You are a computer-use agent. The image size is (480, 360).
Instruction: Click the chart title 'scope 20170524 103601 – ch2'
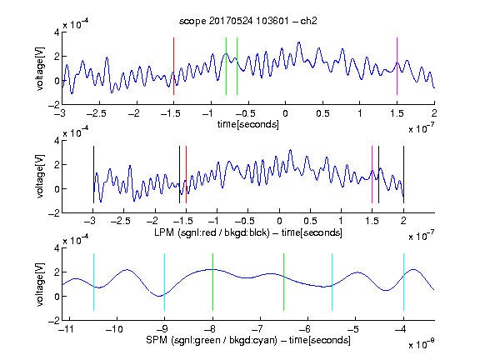(248, 21)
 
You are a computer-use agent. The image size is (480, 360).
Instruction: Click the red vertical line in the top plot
(173, 66)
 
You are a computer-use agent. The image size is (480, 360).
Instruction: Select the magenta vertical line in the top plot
(397, 66)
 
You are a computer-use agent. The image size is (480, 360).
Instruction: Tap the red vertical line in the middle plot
(186, 174)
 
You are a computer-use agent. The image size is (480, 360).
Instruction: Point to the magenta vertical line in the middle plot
(372, 174)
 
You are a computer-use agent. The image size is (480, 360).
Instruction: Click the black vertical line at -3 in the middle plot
(93, 174)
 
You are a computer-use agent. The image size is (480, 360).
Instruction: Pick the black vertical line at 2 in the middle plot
(403, 174)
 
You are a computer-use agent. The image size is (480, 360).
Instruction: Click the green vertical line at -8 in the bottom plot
(212, 282)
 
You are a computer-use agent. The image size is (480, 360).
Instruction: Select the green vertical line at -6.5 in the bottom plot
(284, 282)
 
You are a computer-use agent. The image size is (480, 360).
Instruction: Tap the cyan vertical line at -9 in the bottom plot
(164, 282)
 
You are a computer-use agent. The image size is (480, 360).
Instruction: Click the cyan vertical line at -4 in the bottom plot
(403, 282)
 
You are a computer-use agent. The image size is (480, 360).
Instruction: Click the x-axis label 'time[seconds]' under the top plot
(248, 124)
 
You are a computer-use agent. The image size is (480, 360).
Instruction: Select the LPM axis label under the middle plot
(248, 232)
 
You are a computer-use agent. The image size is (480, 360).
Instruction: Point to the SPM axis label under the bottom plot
(248, 340)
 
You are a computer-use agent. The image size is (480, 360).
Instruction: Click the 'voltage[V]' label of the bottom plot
(40, 284)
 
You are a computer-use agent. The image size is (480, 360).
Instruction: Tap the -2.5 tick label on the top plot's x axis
(96, 114)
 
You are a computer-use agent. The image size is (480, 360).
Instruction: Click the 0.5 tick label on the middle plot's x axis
(310, 221)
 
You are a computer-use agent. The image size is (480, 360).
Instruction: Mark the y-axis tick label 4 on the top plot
(57, 32)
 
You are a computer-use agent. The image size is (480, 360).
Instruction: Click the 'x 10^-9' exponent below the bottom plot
(421, 344)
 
